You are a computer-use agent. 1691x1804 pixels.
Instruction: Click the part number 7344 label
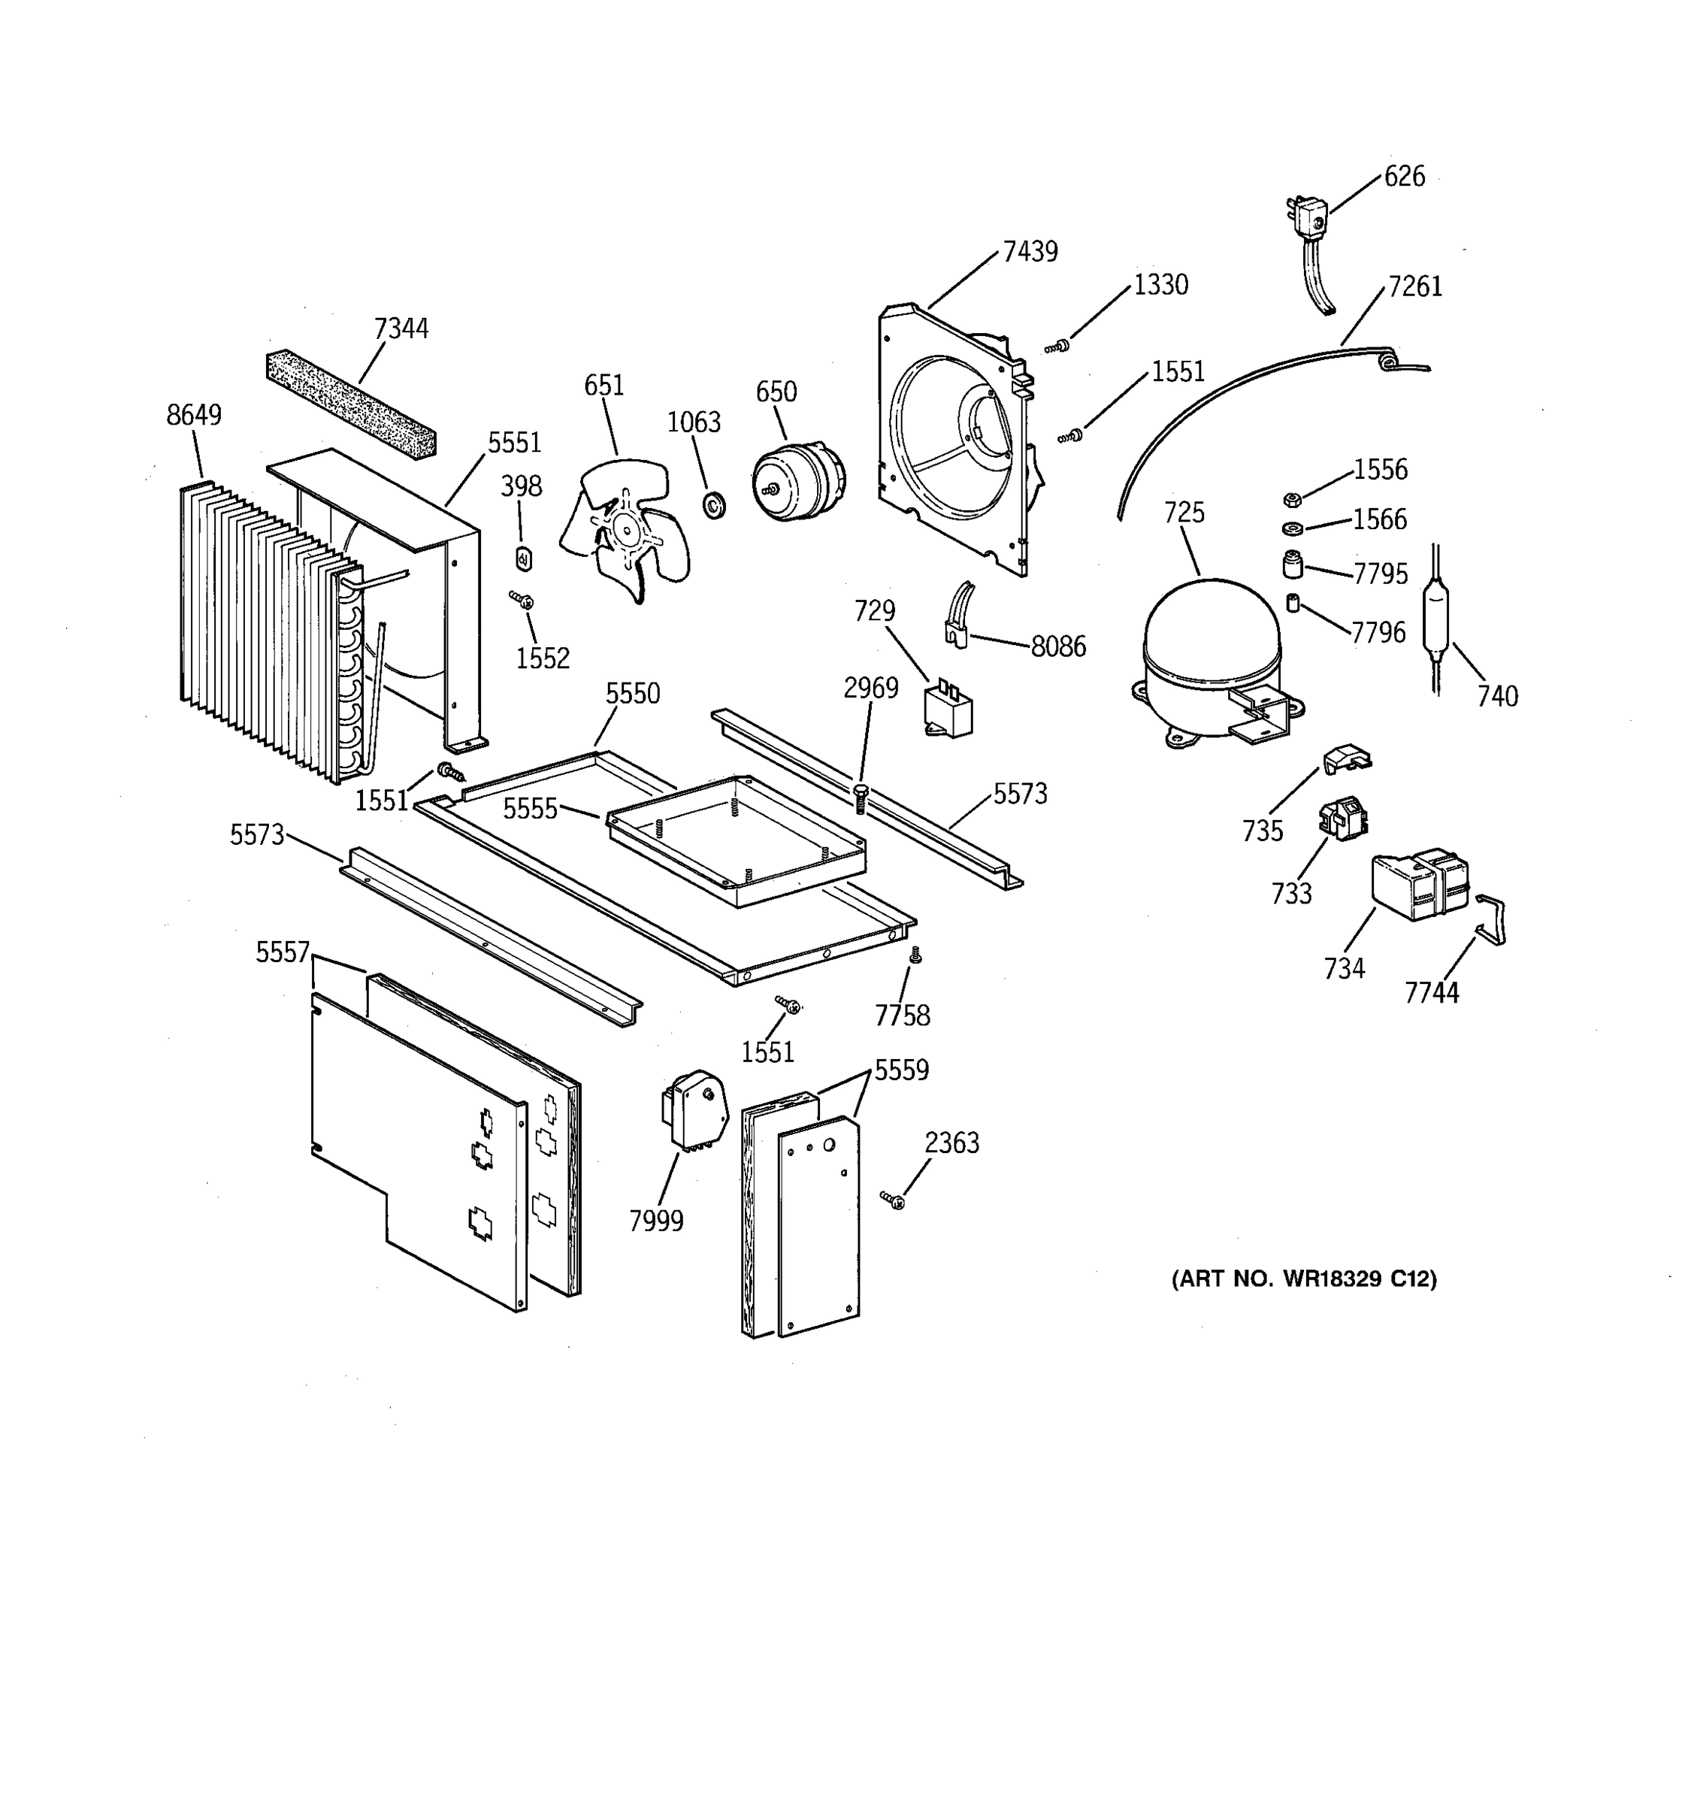coord(401,328)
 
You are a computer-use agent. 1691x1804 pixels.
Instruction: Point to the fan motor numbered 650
coord(796,482)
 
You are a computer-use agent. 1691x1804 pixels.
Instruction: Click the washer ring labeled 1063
coord(714,504)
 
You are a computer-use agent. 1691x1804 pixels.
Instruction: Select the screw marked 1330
coord(1057,347)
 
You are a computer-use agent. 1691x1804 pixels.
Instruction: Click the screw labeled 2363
coord(893,1200)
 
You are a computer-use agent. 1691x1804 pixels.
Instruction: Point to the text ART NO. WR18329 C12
coord(1304,1279)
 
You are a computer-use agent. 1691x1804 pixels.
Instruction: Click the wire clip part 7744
coord(1490,919)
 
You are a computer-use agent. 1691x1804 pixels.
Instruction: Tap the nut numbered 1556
coord(1293,499)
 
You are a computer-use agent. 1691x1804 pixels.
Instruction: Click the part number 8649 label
coord(193,415)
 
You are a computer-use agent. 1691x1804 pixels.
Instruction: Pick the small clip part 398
coord(522,559)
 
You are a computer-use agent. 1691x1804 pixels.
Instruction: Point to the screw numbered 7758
coord(915,955)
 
